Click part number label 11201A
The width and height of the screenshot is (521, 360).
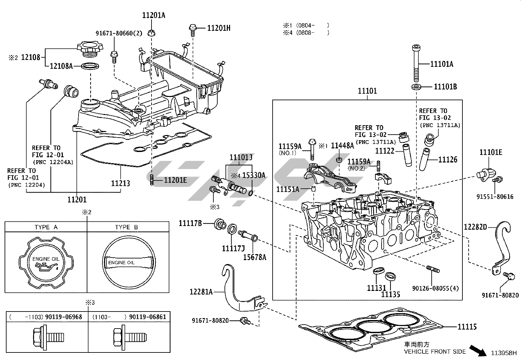pos(153,15)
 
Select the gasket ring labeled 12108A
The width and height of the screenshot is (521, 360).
pos(90,66)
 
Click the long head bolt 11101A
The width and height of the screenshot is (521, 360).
pos(416,63)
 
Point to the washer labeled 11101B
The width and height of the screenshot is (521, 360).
pos(416,87)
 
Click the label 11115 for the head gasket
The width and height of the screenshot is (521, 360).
pos(467,327)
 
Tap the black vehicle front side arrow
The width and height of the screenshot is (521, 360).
pos(478,351)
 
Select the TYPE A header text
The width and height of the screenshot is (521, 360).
pos(46,227)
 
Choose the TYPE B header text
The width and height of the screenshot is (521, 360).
pos(126,227)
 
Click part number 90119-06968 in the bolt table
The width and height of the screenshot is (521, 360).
pos(63,317)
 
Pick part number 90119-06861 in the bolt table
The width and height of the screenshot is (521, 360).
pos(148,317)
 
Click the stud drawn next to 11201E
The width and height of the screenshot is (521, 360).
pos(152,180)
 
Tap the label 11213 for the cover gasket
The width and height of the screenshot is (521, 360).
pos(120,183)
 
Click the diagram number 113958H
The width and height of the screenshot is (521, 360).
pos(504,353)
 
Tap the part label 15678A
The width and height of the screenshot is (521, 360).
pos(255,257)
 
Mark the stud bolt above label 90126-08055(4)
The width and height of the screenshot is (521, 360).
pos(433,269)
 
